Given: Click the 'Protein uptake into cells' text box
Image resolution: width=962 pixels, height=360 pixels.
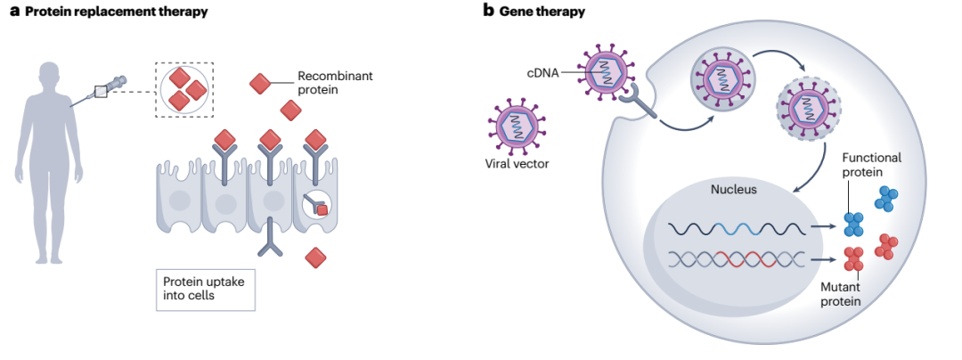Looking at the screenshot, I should click(205, 288).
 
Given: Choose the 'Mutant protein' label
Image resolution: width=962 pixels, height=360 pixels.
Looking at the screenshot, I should click(842, 294).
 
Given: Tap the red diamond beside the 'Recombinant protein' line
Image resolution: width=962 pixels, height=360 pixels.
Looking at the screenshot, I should click(260, 85).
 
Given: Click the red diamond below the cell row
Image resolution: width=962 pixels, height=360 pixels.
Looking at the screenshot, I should click(315, 258).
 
